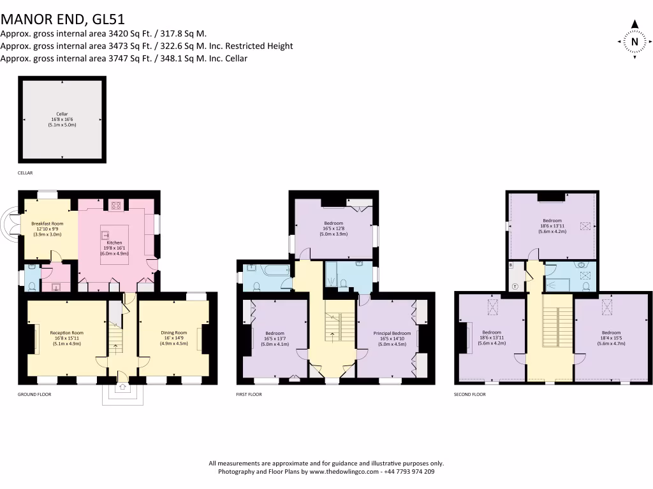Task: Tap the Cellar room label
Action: (62, 120)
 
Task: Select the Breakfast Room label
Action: (48, 229)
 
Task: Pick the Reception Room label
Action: (66, 338)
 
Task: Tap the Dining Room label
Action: (173, 338)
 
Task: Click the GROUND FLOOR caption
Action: (34, 395)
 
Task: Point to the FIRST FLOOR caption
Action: (249, 395)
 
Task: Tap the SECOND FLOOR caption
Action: (470, 395)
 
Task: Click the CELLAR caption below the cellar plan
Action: (25, 173)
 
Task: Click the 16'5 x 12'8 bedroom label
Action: (334, 229)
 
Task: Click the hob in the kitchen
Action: (116, 205)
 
